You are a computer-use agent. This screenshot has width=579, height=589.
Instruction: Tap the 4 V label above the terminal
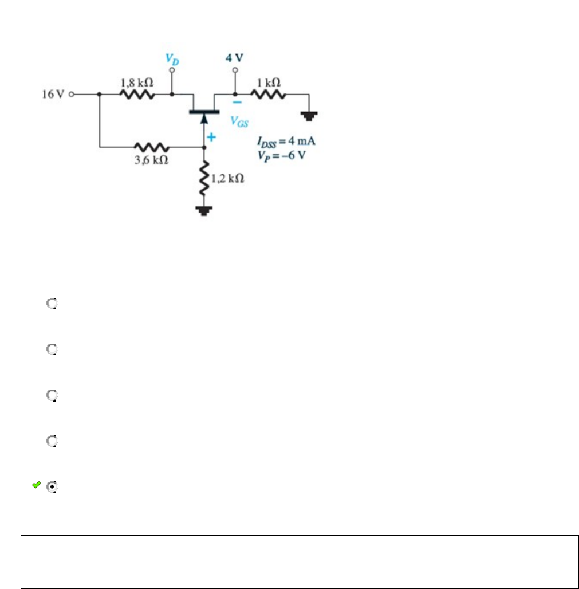pyautogui.click(x=235, y=58)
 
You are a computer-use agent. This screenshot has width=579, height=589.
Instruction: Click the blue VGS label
pyautogui.click(x=239, y=121)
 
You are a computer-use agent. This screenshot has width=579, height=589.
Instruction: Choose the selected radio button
pyautogui.click(x=52, y=487)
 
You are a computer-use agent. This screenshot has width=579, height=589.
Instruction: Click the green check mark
pyautogui.click(x=36, y=485)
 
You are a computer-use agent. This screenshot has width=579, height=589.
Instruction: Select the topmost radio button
pyautogui.click(x=52, y=304)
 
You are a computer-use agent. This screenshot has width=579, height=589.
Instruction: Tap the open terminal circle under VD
pyautogui.click(x=172, y=71)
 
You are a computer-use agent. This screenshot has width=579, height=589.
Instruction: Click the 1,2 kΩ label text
pyautogui.click(x=229, y=178)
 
